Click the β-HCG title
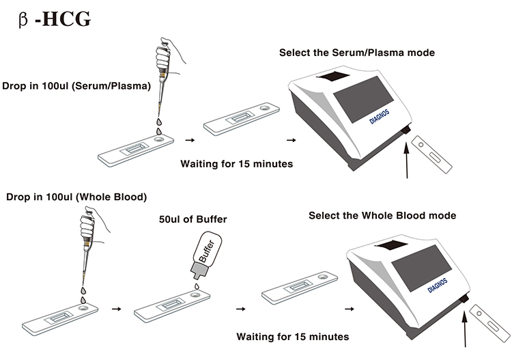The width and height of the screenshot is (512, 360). (x=55, y=19)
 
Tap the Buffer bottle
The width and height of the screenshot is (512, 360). (x=205, y=255)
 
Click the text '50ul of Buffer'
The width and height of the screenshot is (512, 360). (x=193, y=219)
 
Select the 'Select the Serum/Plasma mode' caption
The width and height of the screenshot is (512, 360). (x=357, y=53)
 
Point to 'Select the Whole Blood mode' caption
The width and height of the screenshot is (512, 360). (x=382, y=216)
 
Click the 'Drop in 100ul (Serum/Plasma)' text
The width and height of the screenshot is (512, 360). (x=76, y=86)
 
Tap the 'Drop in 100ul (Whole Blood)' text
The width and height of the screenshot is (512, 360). (x=76, y=197)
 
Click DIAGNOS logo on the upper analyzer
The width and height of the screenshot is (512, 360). (x=379, y=117)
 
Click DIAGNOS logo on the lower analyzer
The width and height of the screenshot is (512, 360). (x=438, y=286)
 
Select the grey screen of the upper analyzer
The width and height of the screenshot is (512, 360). (x=363, y=98)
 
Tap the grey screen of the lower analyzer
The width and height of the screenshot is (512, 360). (x=422, y=268)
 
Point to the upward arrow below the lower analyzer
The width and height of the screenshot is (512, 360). (x=465, y=329)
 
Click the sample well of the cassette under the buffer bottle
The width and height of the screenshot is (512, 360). (x=195, y=295)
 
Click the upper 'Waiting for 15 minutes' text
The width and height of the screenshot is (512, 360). (x=237, y=164)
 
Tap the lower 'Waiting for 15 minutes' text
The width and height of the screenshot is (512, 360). (x=293, y=337)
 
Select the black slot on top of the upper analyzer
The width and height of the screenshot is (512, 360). (x=333, y=76)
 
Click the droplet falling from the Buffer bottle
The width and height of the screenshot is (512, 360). (x=197, y=286)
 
